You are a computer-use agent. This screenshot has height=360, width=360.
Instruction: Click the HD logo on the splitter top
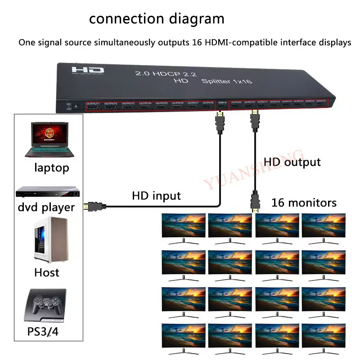[x=87, y=71]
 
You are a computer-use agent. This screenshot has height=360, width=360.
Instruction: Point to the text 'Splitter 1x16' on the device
[x=226, y=81]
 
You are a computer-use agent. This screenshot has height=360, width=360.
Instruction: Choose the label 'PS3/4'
[x=43, y=333]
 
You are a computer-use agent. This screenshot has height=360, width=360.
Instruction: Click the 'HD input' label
[x=156, y=196]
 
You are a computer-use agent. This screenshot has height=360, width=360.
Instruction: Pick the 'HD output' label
[x=292, y=162]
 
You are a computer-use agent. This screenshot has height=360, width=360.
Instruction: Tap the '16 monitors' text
[x=304, y=203]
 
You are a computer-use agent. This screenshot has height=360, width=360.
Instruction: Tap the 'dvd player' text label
[x=46, y=207]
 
